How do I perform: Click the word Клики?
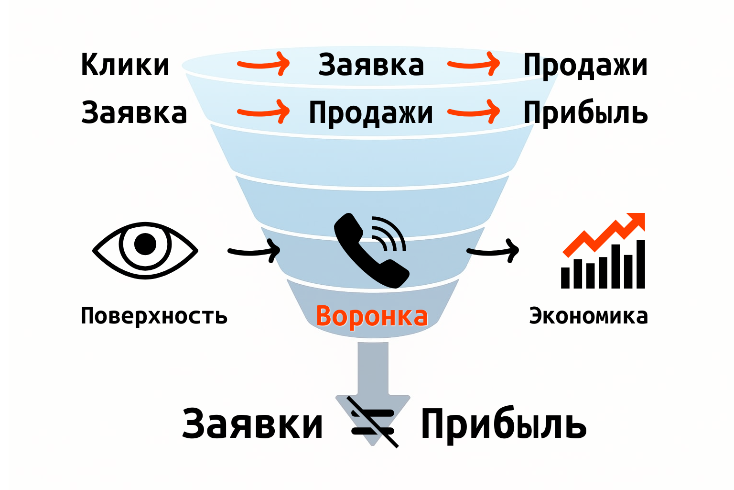(125, 65)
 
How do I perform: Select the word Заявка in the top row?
(371, 65)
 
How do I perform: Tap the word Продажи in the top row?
(585, 65)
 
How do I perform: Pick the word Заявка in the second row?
(134, 113)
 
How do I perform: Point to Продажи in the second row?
(371, 113)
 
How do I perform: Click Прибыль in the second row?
(585, 113)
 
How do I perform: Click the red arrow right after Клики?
(264, 64)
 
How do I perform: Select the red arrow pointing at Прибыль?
(474, 112)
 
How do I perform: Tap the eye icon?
(145, 250)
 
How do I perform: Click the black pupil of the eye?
(145, 244)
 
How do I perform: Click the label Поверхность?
(154, 316)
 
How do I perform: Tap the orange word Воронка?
(372, 316)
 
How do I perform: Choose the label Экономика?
(588, 316)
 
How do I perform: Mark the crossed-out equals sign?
(373, 421)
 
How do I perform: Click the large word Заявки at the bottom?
(252, 424)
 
